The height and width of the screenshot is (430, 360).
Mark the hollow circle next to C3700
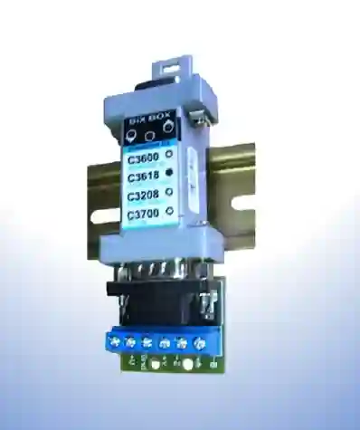pyautogui.click(x=169, y=214)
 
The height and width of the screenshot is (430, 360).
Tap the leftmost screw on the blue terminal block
pyautogui.click(x=115, y=341)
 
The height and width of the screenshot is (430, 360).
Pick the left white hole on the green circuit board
pyautogui.click(x=155, y=365)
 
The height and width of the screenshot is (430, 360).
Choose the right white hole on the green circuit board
pyautogui.click(x=187, y=365)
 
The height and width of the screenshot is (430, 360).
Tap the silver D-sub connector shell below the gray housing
pyautogui.click(x=161, y=271)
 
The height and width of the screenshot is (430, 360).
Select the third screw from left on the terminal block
pyautogui.click(x=147, y=342)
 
